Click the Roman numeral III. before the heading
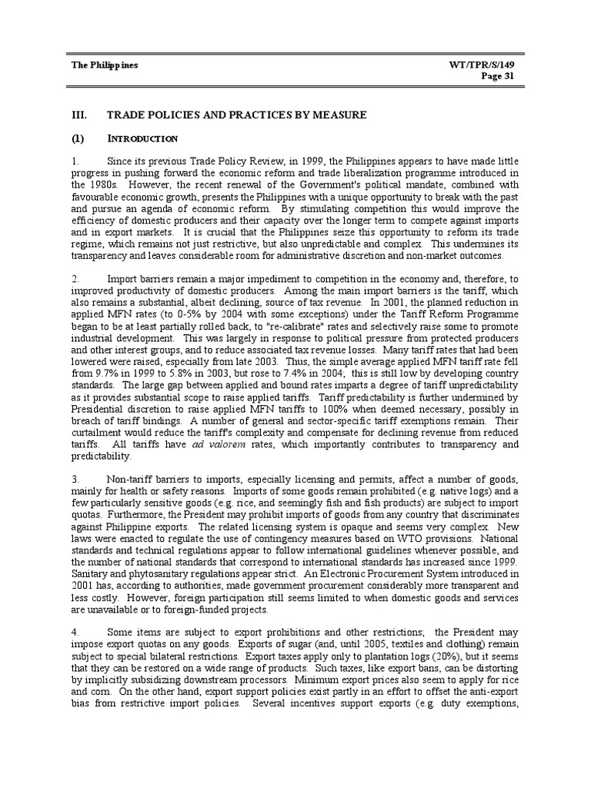(x=79, y=115)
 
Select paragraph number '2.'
(x=75, y=279)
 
